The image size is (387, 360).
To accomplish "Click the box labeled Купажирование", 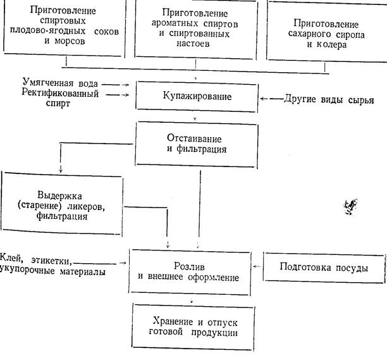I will pos(196,97).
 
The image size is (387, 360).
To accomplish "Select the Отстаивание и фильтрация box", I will pos(196,145).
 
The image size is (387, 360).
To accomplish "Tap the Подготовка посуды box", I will pos(324,268).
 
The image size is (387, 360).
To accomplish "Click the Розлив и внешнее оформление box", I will pos(194,271).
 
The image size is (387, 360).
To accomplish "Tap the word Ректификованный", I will pos(52,94).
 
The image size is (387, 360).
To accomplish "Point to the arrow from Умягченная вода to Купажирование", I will pos(119,84).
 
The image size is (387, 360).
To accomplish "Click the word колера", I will pos(329,46).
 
